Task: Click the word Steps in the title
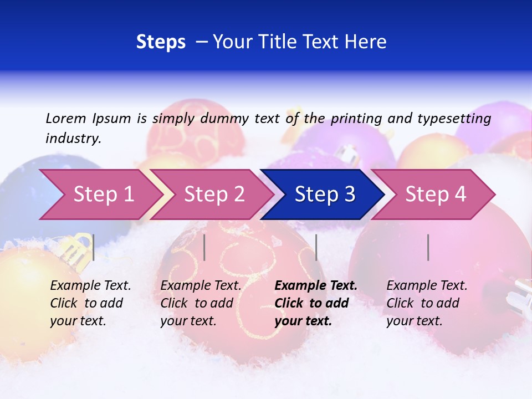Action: tap(161, 42)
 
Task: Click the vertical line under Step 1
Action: tap(93, 247)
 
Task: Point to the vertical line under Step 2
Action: tap(204, 247)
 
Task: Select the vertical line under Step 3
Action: tap(316, 247)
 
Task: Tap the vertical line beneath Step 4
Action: tap(428, 247)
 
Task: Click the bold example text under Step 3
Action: tap(315, 303)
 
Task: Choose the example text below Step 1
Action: tap(90, 303)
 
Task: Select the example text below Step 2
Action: tap(201, 303)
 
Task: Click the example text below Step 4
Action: tap(427, 303)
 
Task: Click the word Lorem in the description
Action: tap(66, 118)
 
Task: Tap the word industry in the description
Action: tap(73, 139)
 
